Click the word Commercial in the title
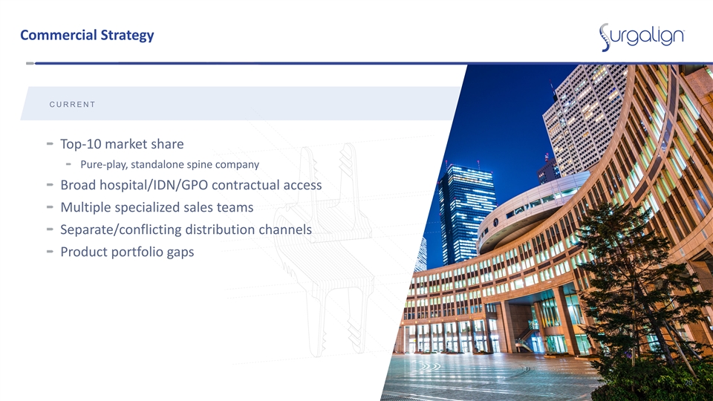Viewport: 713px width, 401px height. (x=59, y=35)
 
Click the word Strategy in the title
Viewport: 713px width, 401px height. (x=127, y=36)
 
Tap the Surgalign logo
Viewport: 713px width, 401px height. (x=642, y=37)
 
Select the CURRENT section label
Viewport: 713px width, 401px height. (x=72, y=105)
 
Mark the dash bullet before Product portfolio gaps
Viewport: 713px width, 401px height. (x=50, y=252)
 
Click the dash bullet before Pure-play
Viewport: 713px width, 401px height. (x=68, y=164)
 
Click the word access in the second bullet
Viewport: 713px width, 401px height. (x=302, y=186)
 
